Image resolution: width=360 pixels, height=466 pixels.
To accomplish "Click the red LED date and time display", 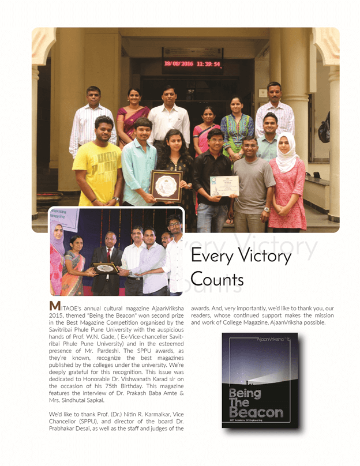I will tap(192, 64).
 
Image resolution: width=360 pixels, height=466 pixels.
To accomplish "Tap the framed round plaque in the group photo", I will tap(166, 186).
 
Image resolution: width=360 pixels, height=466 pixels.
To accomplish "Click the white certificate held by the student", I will tap(224, 186).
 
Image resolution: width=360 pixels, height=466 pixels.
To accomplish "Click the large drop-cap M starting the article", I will tap(55, 306).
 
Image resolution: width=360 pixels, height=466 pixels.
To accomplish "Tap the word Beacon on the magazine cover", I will tap(256, 412).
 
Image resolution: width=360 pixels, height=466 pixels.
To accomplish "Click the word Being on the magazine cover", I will tap(245, 393).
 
